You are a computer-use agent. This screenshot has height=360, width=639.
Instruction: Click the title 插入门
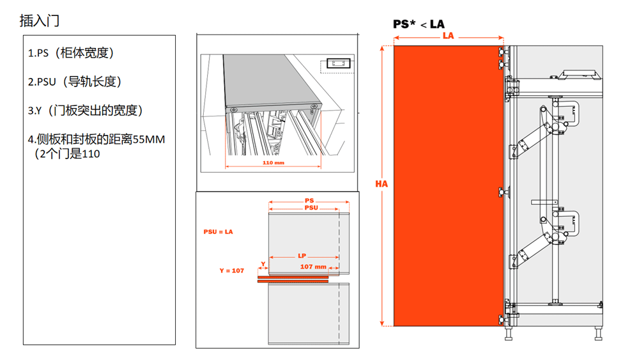pos(40,20)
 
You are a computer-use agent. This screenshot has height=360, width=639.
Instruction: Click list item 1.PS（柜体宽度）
pos(71,53)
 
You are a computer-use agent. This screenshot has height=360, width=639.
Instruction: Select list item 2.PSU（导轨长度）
pos(75,82)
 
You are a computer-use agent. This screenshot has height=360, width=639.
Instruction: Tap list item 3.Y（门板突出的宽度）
pos(85,111)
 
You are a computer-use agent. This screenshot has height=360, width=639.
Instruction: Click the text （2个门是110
pos(67,153)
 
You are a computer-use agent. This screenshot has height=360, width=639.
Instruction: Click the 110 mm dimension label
pos(273,162)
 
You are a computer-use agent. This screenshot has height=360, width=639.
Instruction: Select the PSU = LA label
pos(218,231)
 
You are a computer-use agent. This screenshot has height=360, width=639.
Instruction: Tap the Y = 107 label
pos(231,270)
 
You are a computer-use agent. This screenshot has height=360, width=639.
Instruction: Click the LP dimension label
pos(302,256)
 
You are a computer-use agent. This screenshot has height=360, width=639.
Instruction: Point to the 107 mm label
pos(313,267)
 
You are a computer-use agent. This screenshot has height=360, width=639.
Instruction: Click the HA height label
pos(381,184)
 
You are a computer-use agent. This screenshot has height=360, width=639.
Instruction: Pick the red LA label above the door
pos(449,36)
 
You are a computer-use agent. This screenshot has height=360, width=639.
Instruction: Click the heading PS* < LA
pos(419,24)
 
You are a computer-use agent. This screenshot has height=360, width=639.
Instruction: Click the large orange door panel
pos(449,186)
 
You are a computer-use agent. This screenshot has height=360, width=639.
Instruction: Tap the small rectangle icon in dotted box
pos(338,63)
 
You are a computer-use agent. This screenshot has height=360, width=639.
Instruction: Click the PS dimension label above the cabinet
pos(309,201)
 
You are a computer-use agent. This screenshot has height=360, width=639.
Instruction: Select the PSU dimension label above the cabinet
pos(311,208)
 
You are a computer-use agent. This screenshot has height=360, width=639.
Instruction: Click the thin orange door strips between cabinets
pos(293,279)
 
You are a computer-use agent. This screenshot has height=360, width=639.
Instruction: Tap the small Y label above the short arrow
pos(263,264)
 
